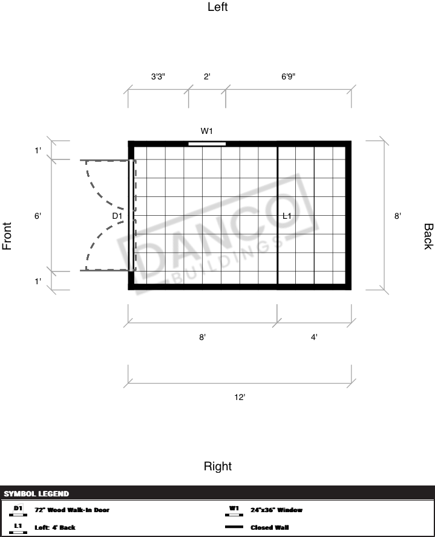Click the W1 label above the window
[206, 131]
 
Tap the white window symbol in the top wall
[207, 144]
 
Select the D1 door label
[117, 216]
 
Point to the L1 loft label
[287, 216]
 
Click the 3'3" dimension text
[158, 76]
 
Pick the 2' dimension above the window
[207, 76]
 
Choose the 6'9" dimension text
[289, 76]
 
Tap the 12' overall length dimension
[240, 397]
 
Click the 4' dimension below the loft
[314, 338]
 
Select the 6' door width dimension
[38, 216]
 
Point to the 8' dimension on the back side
[397, 216]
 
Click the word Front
[7, 236]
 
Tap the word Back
[428, 236]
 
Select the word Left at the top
[218, 7]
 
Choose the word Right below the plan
[218, 466]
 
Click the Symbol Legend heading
[36, 494]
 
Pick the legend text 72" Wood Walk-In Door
[72, 510]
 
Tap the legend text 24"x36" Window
[276, 510]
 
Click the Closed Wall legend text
[269, 527]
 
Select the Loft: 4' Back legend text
[54, 527]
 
